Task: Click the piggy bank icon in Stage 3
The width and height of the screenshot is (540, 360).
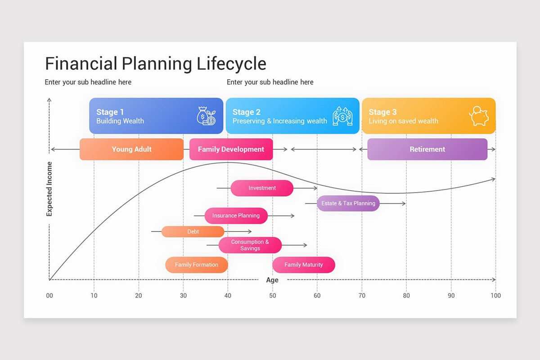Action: pyautogui.click(x=479, y=116)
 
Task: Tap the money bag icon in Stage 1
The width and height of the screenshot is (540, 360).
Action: pyautogui.click(x=206, y=116)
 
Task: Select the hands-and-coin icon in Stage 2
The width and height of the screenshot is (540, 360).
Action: pyautogui.click(x=342, y=116)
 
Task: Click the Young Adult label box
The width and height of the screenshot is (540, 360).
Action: pyautogui.click(x=131, y=149)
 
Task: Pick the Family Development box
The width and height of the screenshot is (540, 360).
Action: pyautogui.click(x=231, y=149)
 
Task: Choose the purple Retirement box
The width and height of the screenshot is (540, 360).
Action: pyautogui.click(x=427, y=149)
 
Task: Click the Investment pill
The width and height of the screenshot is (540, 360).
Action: pyautogui.click(x=262, y=188)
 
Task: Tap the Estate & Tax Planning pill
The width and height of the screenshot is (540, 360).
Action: pyautogui.click(x=348, y=203)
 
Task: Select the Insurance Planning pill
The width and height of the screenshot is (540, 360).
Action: pyautogui.click(x=236, y=216)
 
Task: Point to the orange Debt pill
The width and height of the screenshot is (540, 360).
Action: pyautogui.click(x=193, y=232)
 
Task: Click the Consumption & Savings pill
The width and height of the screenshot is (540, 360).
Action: pyautogui.click(x=250, y=245)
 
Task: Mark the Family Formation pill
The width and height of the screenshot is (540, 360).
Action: pyautogui.click(x=196, y=265)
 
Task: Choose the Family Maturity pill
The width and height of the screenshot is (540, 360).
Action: pyautogui.click(x=303, y=265)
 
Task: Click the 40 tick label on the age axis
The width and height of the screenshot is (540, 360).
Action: pyautogui.click(x=228, y=296)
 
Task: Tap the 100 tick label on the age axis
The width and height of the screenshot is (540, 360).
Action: pyautogui.click(x=495, y=296)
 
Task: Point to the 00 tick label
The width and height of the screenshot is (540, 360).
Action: pyautogui.click(x=49, y=296)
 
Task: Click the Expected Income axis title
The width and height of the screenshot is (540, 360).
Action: pyautogui.click(x=49, y=189)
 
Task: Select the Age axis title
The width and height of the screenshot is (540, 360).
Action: pyautogui.click(x=272, y=280)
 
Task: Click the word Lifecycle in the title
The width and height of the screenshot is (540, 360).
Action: pyautogui.click(x=231, y=64)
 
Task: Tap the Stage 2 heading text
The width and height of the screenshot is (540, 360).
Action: pyautogui.click(x=246, y=112)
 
